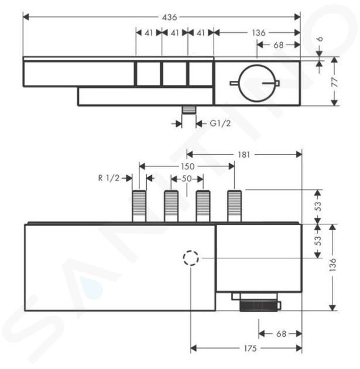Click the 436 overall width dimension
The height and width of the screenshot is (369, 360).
[170, 17]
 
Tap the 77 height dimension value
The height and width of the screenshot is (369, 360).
[334, 81]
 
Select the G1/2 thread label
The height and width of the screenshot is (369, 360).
[220, 124]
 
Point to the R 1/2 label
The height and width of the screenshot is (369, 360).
[109, 178]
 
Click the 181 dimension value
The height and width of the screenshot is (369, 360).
[244, 155]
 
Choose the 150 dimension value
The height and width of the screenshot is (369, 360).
[188, 166]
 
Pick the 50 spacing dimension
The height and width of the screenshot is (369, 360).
[187, 179]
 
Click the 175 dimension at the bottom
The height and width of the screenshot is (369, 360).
[250, 348]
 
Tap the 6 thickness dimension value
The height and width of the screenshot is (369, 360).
[320, 39]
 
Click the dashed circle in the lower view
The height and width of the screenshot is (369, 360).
[191, 258]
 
